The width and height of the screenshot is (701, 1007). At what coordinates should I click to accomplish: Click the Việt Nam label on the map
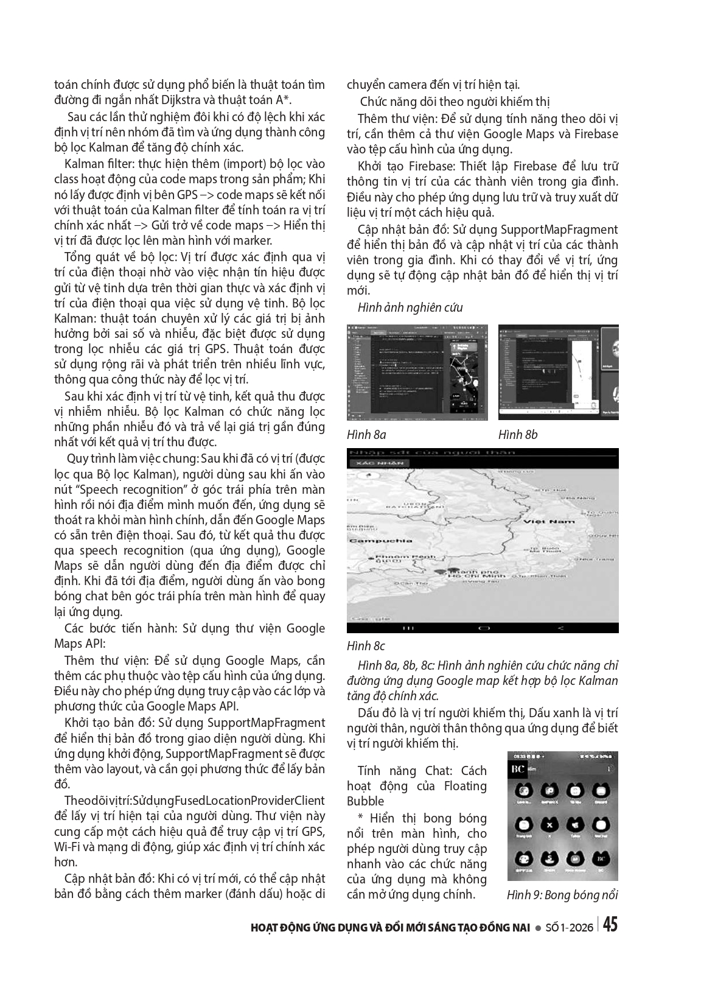coord(553,522)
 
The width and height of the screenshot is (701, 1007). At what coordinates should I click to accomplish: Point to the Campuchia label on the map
coord(372,540)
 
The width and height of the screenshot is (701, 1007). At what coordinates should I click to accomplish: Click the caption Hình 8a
coord(366,434)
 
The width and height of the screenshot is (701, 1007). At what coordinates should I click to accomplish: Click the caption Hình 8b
coord(518,434)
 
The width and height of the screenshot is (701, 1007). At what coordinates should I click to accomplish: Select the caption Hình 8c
coord(366,645)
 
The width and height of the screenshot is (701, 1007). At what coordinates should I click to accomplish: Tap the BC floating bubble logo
coord(518,769)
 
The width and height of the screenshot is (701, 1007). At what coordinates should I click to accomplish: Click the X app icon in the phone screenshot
coord(550,825)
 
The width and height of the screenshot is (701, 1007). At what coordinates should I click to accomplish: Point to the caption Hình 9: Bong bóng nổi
coord(562,894)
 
